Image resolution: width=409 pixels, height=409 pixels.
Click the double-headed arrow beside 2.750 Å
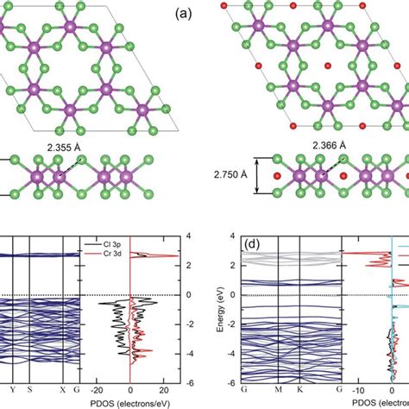pyautogui.click(x=251, y=176)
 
